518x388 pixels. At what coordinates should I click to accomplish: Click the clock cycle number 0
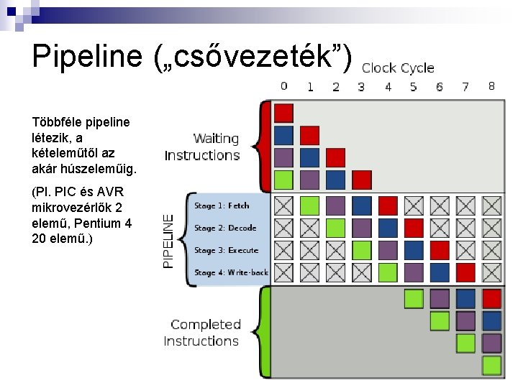tap(283, 86)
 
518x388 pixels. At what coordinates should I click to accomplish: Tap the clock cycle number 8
tap(491, 86)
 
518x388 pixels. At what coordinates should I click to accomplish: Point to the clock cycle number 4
tap(388, 87)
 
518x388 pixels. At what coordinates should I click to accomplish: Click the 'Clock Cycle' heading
tap(398, 68)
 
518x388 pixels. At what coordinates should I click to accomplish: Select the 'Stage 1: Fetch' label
tap(222, 205)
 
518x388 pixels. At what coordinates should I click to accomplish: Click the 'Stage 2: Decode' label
tap(224, 228)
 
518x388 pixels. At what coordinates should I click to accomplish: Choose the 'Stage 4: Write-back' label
tap(231, 272)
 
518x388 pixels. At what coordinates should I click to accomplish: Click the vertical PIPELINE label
tap(168, 240)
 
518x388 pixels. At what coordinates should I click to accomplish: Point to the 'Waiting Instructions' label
tap(202, 147)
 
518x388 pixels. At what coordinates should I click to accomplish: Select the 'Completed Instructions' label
tap(201, 333)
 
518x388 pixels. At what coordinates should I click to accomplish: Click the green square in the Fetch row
tap(309, 205)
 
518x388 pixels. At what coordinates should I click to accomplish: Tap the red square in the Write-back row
tap(465, 272)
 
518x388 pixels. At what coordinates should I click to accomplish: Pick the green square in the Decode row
tap(335, 228)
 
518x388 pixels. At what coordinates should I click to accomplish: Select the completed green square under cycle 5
tap(414, 298)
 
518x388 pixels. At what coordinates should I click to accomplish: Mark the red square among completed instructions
tap(491, 298)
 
